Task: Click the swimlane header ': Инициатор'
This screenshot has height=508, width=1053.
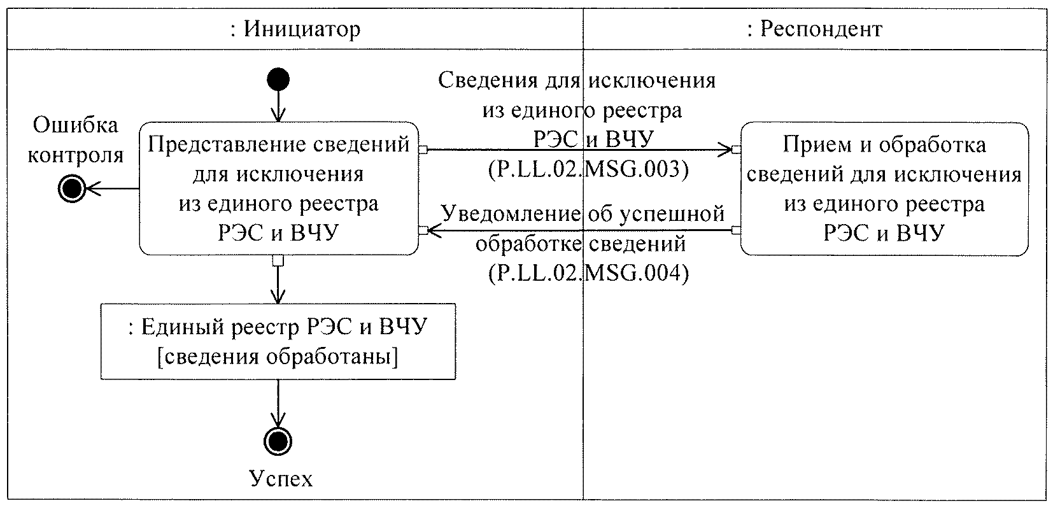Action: pos(295,29)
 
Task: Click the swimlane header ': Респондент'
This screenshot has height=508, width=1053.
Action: pos(814,29)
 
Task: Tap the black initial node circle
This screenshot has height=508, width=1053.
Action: pos(278,80)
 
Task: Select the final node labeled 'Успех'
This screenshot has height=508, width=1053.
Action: pos(278,441)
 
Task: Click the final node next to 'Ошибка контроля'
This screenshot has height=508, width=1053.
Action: pos(71,188)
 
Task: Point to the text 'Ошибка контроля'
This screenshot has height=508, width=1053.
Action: pos(76,140)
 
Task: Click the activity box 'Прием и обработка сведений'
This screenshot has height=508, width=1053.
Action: pos(884,189)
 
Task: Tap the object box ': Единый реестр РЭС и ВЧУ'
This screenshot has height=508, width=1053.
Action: pos(278,341)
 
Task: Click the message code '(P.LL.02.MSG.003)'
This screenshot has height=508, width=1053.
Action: pos(588,171)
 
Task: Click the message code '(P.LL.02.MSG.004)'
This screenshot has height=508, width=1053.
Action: pos(588,274)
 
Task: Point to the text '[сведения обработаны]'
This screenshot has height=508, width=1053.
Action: pos(278,357)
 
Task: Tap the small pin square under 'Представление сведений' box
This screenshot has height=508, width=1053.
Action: pos(278,260)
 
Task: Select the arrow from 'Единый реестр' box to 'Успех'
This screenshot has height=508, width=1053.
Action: pos(278,404)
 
